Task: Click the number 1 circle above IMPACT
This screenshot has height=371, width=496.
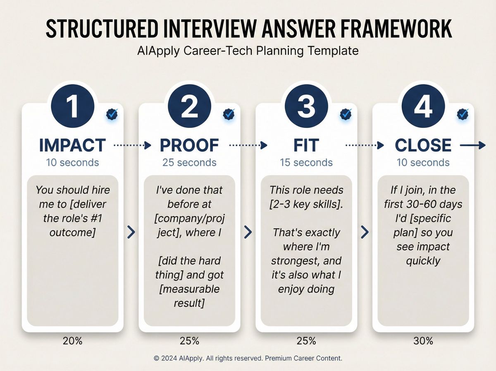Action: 72,106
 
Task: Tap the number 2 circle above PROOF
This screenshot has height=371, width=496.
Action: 190,106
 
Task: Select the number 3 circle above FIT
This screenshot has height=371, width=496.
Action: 307,106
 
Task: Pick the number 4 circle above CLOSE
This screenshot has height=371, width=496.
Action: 423,106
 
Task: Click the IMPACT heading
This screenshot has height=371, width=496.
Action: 72,145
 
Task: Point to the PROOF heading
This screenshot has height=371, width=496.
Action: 190,145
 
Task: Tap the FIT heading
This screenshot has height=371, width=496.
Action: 306,145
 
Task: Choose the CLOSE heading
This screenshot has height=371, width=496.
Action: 423,145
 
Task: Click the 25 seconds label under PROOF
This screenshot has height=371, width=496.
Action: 190,162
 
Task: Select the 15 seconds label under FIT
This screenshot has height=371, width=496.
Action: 306,162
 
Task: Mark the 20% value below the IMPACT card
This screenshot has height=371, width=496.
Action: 73,341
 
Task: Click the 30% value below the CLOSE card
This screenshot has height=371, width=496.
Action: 423,341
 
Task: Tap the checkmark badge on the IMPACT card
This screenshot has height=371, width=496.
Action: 112,114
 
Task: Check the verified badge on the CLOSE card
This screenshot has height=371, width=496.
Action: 463,114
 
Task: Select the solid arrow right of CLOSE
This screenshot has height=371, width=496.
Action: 472,145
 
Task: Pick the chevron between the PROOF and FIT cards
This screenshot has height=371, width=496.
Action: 248,232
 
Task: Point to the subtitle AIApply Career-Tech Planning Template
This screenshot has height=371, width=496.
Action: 248,51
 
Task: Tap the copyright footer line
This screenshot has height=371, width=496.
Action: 248,358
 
